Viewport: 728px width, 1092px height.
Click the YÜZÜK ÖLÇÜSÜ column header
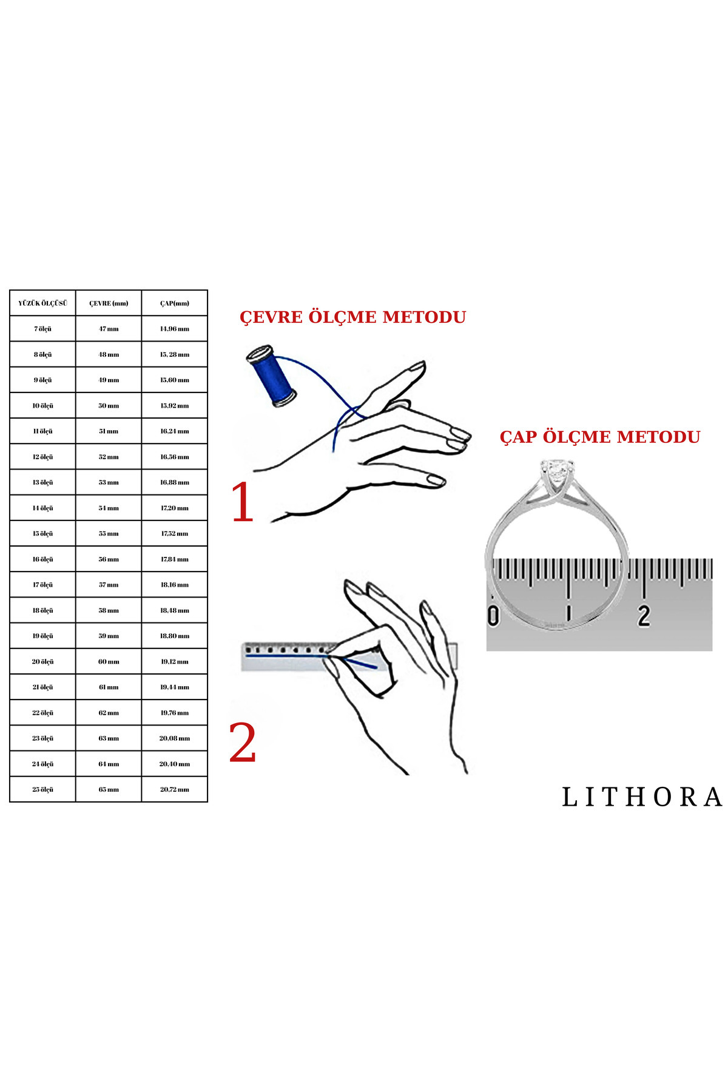42,303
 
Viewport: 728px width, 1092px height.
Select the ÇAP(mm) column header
175,303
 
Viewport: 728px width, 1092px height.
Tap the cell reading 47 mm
109,329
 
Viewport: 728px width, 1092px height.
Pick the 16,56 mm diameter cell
175,457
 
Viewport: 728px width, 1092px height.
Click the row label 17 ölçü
42,585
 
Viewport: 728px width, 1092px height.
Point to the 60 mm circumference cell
109,662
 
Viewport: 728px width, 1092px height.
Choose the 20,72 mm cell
175,790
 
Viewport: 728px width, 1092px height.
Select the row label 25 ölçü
42,790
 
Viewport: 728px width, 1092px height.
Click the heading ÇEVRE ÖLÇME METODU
352,317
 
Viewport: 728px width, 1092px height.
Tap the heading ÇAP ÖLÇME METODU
599,437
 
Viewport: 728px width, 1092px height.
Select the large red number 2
243,743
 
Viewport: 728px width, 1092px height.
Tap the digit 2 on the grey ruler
644,615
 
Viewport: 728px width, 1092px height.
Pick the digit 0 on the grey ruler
494,615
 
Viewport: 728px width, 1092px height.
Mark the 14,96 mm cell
175,329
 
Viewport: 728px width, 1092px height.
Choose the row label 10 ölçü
42,406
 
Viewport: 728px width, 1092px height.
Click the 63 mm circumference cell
109,739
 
